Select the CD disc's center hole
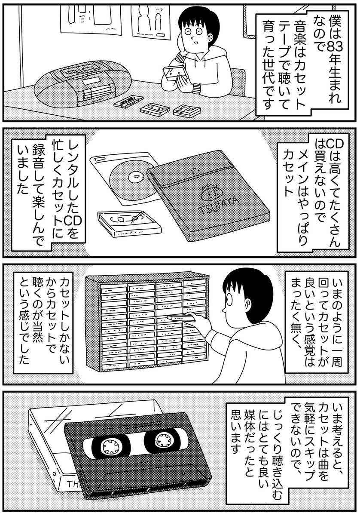[x=137, y=176]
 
